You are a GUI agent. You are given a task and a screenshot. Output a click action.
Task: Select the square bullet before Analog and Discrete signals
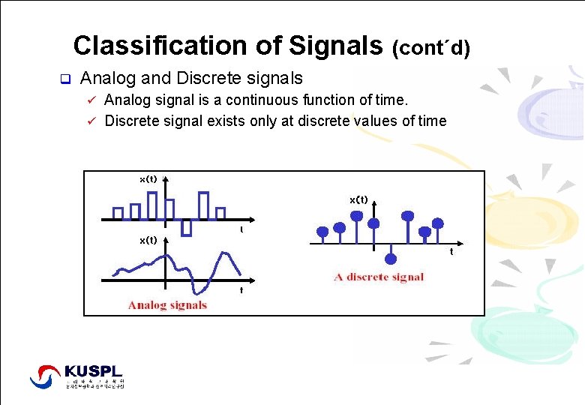click(x=64, y=79)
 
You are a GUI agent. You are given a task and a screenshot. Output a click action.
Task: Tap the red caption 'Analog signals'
click(x=167, y=304)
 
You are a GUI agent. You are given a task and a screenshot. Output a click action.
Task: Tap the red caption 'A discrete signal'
click(x=379, y=277)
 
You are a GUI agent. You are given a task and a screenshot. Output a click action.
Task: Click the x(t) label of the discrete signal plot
click(x=358, y=199)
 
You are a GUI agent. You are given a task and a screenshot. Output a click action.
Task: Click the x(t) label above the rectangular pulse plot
click(x=148, y=179)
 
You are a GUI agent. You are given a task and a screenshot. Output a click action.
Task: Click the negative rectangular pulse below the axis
click(x=187, y=227)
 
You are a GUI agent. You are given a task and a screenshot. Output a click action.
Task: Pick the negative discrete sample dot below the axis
click(x=390, y=259)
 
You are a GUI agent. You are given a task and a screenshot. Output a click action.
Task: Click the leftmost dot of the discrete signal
click(x=322, y=230)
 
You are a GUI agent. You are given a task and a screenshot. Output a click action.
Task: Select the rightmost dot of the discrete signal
click(x=439, y=223)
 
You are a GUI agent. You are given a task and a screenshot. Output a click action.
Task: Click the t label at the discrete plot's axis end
click(x=451, y=252)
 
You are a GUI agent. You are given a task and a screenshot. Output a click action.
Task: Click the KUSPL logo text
click(x=93, y=371)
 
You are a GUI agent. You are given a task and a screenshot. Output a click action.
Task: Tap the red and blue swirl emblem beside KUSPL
click(x=45, y=376)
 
